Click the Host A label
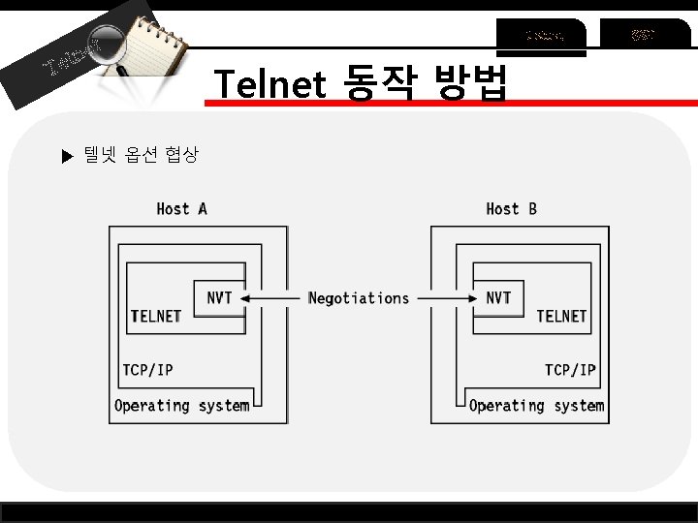(181, 208)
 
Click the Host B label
(511, 208)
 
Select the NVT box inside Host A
(219, 297)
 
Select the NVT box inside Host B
(498, 297)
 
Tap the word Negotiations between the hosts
(359, 298)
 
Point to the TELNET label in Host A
(155, 316)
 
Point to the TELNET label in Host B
(561, 316)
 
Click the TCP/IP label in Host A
(147, 369)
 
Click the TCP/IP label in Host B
(570, 369)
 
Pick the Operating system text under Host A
(181, 406)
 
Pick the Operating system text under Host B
(536, 406)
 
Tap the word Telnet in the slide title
(270, 85)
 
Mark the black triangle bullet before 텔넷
(67, 155)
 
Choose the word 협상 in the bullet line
(182, 154)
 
